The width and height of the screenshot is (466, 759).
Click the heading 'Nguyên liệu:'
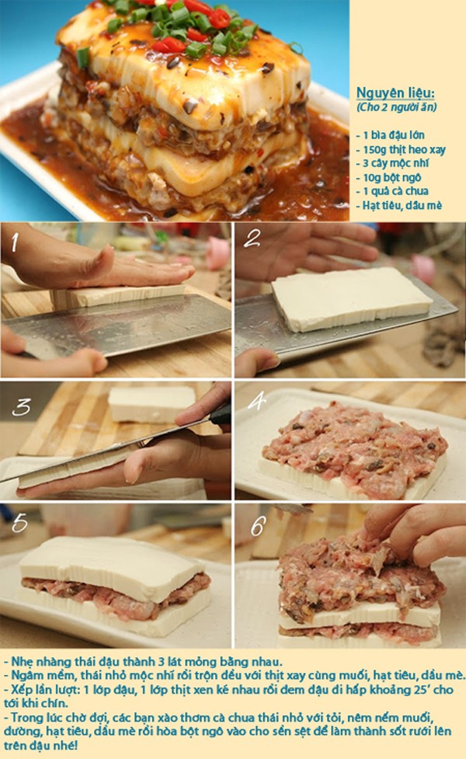click(395, 93)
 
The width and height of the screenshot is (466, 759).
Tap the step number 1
click(15, 242)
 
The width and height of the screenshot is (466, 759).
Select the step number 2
click(252, 238)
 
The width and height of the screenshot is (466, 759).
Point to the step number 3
click(21, 408)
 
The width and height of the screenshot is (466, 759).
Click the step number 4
click(256, 401)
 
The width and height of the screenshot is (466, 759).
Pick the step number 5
click(20, 523)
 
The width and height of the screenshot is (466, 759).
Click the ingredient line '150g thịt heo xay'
click(401, 150)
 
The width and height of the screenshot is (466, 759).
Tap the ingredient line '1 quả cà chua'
click(392, 190)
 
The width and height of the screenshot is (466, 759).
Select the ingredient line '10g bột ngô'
click(388, 177)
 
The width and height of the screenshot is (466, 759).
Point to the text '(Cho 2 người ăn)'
click(396, 107)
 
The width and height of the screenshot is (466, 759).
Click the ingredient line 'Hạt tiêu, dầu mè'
click(398, 205)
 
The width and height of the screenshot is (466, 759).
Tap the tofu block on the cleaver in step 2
click(352, 298)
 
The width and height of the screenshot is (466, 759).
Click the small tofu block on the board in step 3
click(151, 403)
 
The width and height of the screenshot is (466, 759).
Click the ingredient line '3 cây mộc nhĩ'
click(392, 163)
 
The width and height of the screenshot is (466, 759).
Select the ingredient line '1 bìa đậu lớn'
click(390, 135)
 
